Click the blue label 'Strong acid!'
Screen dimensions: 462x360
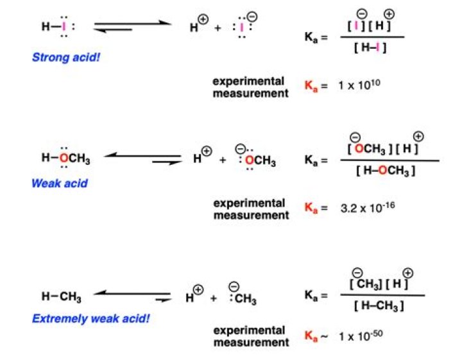coord(66,57)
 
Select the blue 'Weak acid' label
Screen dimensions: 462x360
coord(60,184)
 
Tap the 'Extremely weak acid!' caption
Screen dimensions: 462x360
coord(91,318)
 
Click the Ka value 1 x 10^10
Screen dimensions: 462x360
coord(359,85)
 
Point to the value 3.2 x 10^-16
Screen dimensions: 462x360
coord(368,207)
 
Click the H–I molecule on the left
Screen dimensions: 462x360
coord(58,26)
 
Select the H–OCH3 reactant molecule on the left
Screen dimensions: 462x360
coord(65,158)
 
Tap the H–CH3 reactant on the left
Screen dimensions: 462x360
coord(62,296)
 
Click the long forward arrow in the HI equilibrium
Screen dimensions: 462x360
coord(133,22)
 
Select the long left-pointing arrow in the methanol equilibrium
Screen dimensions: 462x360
coord(142,155)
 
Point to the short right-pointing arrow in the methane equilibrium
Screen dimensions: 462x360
coord(163,300)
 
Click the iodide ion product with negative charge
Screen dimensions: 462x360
coord(244,26)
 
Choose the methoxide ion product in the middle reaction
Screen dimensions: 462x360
coord(255,159)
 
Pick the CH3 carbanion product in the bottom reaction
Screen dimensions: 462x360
coord(242,295)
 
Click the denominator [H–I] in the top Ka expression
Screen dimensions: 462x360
coord(370,47)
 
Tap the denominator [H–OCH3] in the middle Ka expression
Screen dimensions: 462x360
coord(386,170)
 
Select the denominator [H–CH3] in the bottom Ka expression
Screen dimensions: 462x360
coord(379,306)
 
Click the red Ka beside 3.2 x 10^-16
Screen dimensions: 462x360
coord(311,208)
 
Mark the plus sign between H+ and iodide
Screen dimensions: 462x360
coord(218,28)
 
